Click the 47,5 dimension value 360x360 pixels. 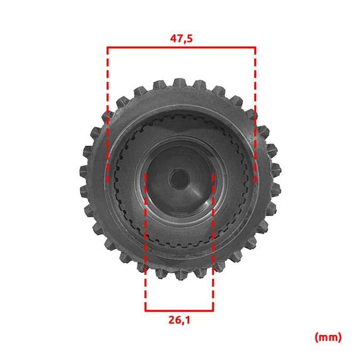click(182, 39)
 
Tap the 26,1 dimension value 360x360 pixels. click(180, 320)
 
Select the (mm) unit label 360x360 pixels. click(328, 337)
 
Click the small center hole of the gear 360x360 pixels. click(179, 179)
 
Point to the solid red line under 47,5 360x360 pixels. click(182, 48)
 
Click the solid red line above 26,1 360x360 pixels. click(179, 311)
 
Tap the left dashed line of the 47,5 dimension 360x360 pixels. click(108, 115)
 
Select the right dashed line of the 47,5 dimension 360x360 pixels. click(255, 115)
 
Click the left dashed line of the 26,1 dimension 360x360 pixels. click(145, 242)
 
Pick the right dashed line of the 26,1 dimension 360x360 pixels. click(213, 242)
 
